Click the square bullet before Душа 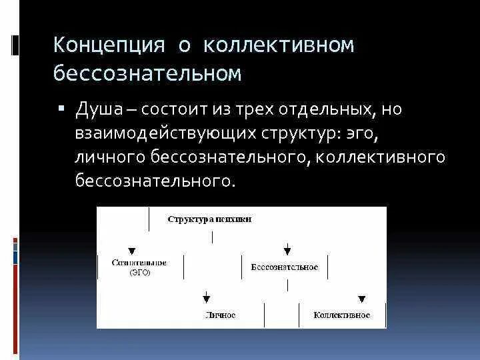coord(61,108)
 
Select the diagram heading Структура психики coord(209,219)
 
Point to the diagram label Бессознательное coord(285,267)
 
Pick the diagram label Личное coord(221,315)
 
